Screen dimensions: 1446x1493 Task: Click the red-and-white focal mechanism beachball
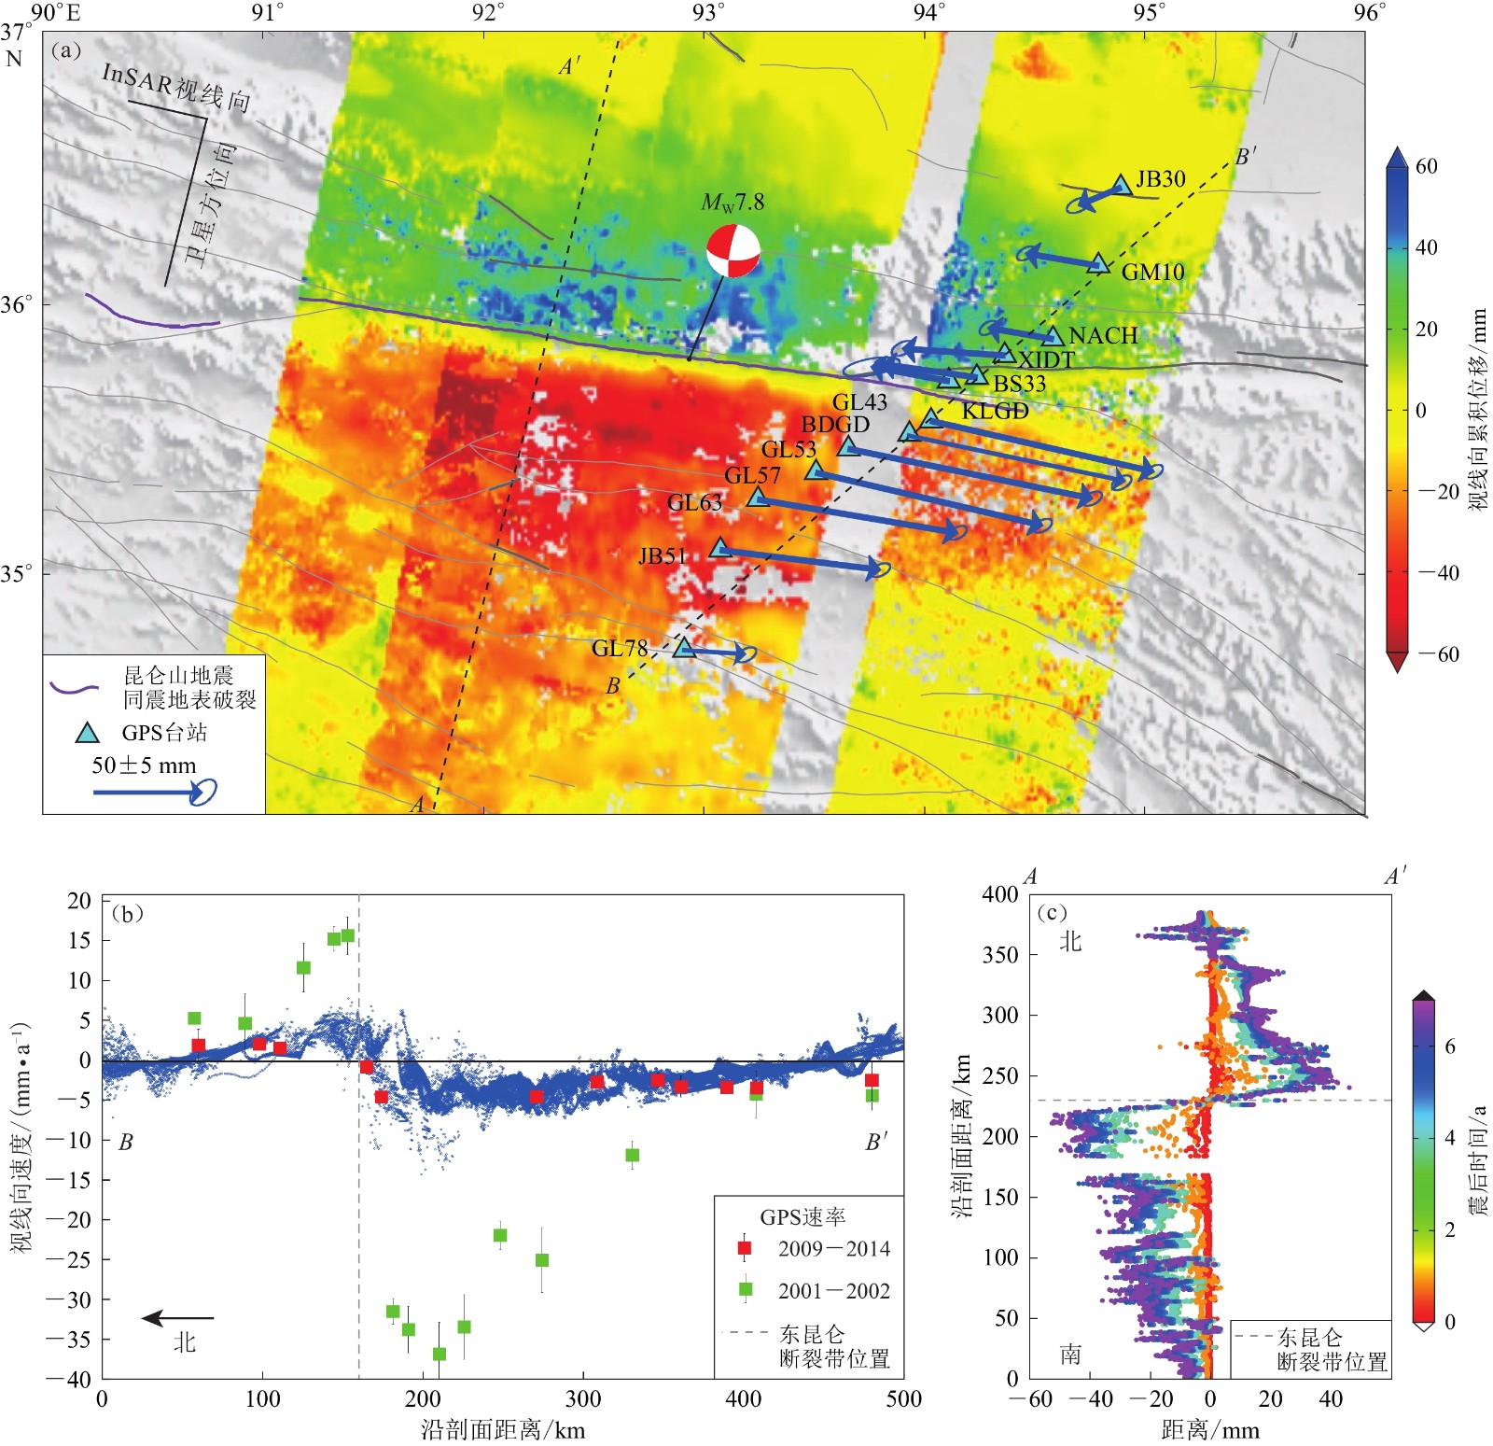(733, 250)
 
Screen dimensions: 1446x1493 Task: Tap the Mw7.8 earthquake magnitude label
(733, 203)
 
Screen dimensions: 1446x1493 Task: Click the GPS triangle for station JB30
(1121, 185)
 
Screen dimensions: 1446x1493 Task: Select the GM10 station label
(1152, 272)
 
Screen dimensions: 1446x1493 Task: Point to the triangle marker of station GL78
(684, 647)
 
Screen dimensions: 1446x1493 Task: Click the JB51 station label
(663, 556)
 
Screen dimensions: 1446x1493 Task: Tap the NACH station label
(1103, 336)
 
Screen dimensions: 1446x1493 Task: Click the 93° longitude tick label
(708, 12)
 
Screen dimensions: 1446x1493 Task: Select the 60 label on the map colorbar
(1426, 166)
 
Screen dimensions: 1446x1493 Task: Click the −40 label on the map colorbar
(1438, 572)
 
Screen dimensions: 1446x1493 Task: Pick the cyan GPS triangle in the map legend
(87, 733)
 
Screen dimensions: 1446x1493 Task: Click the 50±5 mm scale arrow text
(144, 765)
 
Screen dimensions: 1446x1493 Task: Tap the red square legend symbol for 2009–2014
(745, 1248)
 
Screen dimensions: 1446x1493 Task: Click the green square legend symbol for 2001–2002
(745, 1290)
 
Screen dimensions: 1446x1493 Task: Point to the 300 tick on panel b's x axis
(583, 1398)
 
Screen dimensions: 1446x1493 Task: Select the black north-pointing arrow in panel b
(177, 1318)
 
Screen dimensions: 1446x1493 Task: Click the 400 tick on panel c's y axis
(999, 894)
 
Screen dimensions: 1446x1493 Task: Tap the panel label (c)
(1052, 912)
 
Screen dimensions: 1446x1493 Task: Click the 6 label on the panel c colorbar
(1449, 1046)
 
